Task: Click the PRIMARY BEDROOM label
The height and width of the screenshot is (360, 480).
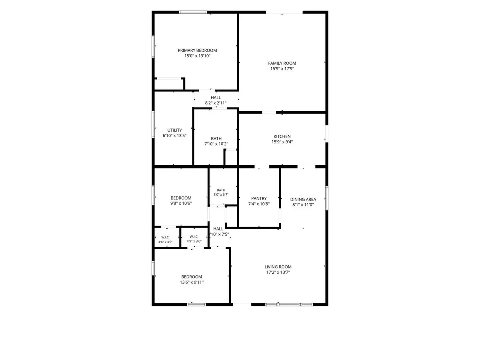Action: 197,50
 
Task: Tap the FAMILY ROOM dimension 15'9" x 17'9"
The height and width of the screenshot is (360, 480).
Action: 282,69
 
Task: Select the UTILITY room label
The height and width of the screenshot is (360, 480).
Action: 174,130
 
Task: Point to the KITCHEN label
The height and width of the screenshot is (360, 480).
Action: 282,136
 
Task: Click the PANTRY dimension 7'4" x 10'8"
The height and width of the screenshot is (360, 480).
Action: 259,204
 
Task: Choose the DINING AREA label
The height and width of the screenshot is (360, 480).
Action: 303,199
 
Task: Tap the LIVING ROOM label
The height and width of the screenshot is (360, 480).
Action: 278,267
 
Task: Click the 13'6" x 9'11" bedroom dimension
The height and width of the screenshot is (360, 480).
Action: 192,282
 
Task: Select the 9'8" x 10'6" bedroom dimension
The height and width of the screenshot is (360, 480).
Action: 181,203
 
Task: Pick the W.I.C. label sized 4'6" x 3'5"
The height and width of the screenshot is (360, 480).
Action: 165,237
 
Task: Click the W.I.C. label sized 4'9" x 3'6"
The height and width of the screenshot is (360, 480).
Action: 194,237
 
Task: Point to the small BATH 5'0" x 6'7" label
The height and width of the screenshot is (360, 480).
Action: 221,190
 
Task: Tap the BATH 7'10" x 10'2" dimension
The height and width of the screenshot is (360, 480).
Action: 216,144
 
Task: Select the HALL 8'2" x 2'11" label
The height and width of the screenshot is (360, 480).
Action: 215,98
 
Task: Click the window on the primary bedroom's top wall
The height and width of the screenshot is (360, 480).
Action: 193,12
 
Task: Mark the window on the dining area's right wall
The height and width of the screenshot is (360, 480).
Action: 326,198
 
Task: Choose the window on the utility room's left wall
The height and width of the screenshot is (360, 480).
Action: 153,124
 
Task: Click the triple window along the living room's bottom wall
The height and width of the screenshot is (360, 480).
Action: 289,304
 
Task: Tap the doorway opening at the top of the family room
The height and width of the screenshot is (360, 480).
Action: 284,12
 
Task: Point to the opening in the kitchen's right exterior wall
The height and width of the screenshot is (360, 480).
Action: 326,134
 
